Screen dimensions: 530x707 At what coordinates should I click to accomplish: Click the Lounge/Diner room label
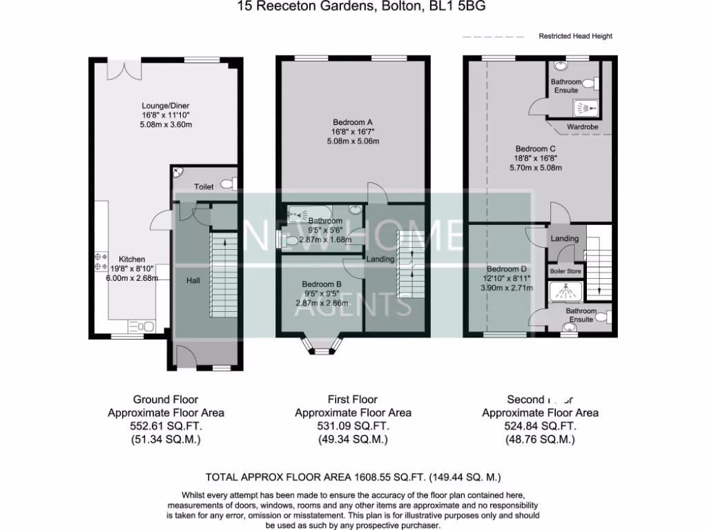point(165,106)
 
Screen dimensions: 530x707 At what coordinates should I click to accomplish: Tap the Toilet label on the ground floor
point(204,186)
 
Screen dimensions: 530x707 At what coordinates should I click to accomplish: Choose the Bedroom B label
point(322,284)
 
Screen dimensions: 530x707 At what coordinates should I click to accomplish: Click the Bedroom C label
point(536,148)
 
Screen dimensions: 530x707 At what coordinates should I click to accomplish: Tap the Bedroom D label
point(506,269)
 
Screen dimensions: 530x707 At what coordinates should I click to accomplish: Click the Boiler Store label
point(565,272)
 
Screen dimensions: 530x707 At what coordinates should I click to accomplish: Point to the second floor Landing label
point(565,239)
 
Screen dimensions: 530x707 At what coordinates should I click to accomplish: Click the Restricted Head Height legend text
point(575,36)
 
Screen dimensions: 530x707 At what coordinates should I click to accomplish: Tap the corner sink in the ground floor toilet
point(178,173)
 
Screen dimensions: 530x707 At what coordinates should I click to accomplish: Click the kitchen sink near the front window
point(145,326)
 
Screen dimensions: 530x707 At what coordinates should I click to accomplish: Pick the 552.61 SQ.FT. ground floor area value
point(166,426)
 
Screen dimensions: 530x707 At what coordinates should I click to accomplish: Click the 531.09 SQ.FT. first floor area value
point(353,426)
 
